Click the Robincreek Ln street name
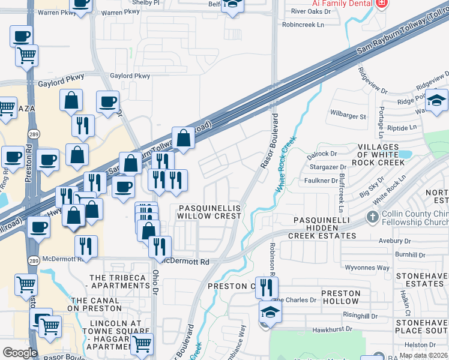[x=303, y=25]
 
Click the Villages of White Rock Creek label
[x=387, y=155]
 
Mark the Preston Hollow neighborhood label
[x=340, y=298]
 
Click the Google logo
[x=20, y=352]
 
